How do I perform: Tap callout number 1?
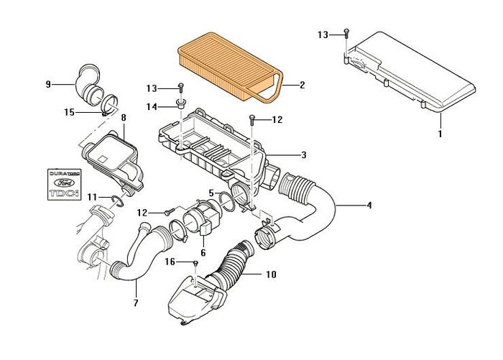point(440,133)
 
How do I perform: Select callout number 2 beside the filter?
point(303,86)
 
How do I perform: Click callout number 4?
point(370,206)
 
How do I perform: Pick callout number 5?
point(211,193)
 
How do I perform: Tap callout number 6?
point(203,252)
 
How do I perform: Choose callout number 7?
point(135,302)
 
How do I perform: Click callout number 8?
point(124,116)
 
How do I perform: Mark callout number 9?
point(48,86)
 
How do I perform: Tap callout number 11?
point(91,196)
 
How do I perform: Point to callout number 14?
point(152,106)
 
